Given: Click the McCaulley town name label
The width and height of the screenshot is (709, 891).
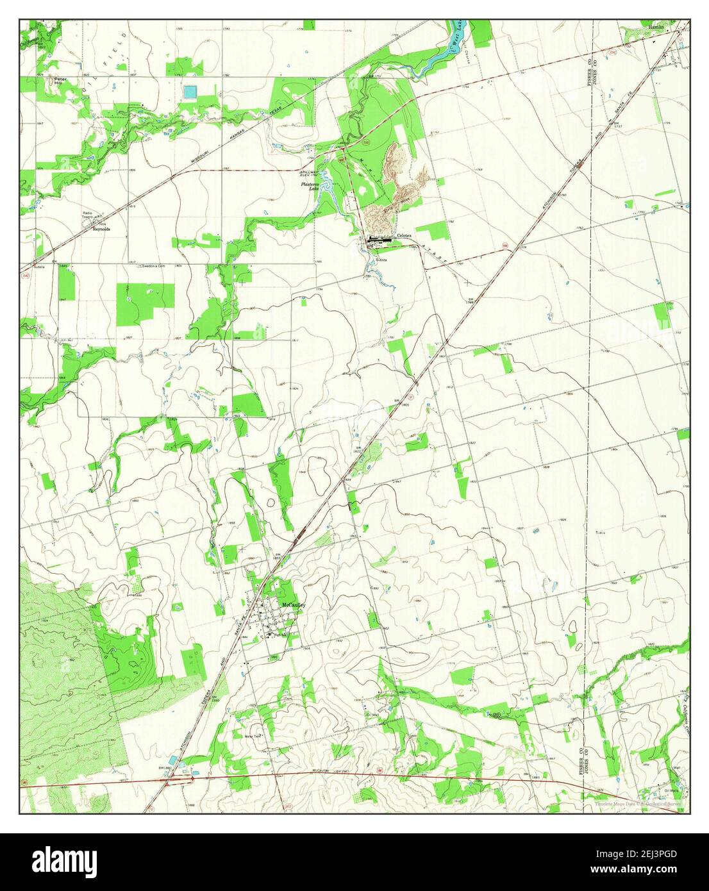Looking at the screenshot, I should (x=293, y=604).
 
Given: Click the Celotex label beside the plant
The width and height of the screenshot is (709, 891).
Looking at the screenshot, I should (x=406, y=235).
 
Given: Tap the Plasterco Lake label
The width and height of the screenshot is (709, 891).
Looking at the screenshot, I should (x=311, y=187).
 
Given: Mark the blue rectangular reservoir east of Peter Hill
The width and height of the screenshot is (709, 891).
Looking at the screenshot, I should (x=190, y=92).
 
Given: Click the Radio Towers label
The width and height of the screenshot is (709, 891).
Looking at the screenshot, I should (x=87, y=215).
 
